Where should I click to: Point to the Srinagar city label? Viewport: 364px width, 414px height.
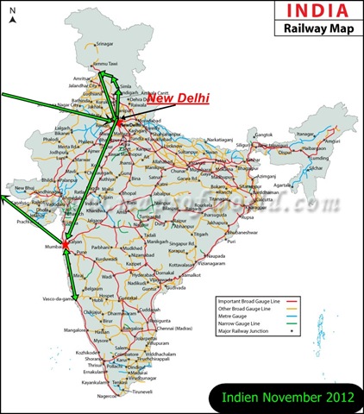tap(104, 43)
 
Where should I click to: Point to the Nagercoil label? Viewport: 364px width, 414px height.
tap(109, 397)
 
